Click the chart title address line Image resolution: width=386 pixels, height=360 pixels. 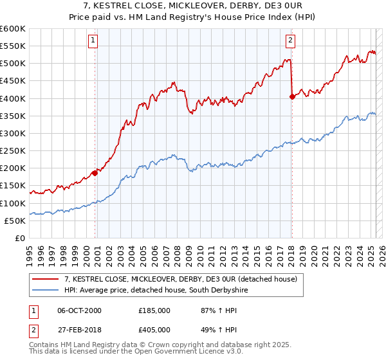tap(192, 6)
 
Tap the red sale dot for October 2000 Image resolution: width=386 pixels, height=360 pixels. tap(95, 172)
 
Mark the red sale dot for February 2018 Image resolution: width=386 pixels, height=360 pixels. tap(292, 96)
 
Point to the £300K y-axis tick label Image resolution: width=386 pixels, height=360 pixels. tap(13, 133)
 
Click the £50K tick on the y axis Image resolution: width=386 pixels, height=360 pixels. tap(15, 221)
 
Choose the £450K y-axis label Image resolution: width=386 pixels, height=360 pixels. tap(13, 81)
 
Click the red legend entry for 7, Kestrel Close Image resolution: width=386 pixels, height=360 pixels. tap(180, 280)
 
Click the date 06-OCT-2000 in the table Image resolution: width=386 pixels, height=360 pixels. tap(79, 310)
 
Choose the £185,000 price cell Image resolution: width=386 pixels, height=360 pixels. tap(154, 310)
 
